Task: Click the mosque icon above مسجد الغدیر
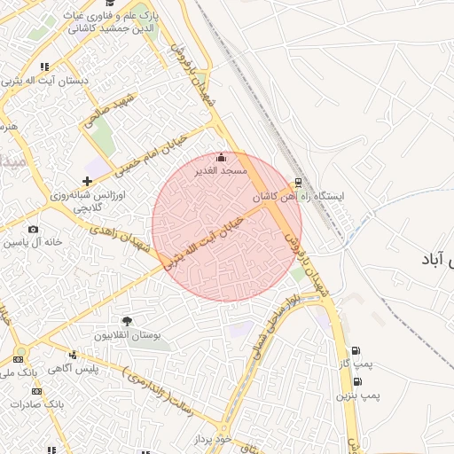pos(222,158)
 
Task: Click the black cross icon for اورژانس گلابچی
pos(86,182)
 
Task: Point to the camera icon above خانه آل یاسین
pos(34,230)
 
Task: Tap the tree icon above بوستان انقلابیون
pos(128,321)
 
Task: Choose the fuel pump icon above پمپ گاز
pos(356,351)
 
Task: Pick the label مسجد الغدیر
pos(221,170)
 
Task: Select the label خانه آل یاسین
pos(31,242)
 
